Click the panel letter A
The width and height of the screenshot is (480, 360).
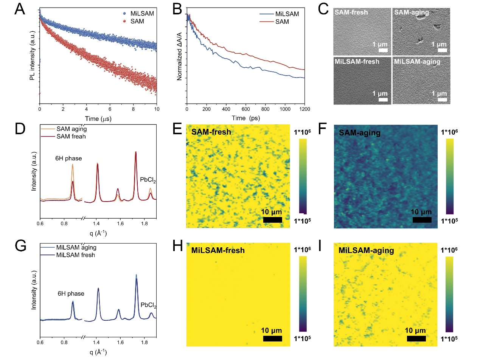pos(19,9)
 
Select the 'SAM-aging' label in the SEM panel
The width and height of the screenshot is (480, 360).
pos(411,12)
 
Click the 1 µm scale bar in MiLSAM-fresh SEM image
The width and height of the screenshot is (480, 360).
pos(383,99)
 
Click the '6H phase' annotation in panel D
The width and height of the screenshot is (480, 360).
pos(68,159)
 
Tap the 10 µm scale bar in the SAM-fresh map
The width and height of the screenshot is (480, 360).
pos(272,220)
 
